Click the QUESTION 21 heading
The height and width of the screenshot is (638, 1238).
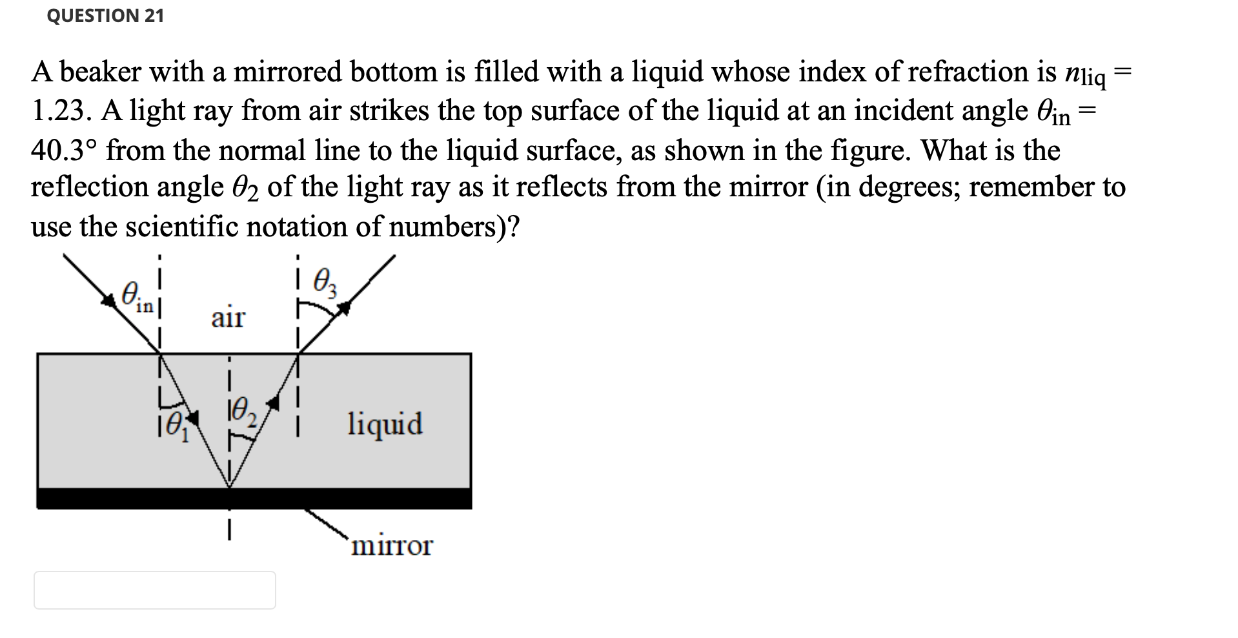point(105,15)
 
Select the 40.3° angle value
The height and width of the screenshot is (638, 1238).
point(64,150)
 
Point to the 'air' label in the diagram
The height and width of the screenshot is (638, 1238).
point(228,318)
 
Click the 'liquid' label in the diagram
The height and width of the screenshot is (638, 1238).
point(385,424)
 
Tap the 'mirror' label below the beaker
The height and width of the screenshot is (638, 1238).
point(392,546)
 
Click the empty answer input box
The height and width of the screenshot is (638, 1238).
point(155,590)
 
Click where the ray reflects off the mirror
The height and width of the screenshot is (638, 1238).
point(228,488)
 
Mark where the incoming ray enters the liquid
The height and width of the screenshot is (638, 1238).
point(159,353)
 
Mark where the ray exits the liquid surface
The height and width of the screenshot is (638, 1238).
point(298,353)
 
